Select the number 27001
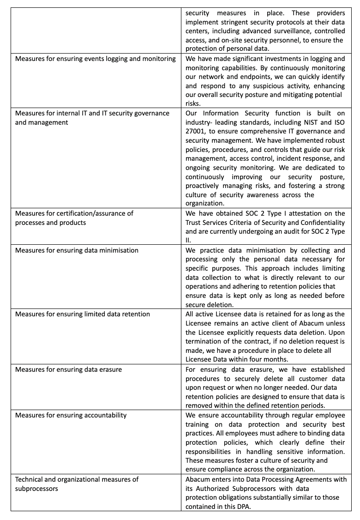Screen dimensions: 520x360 [195, 131]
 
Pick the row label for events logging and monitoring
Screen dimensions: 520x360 [96, 59]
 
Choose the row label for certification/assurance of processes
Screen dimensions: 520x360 [74, 218]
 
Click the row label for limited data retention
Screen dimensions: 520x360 [83, 314]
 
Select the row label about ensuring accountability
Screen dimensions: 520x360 [71, 415]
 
